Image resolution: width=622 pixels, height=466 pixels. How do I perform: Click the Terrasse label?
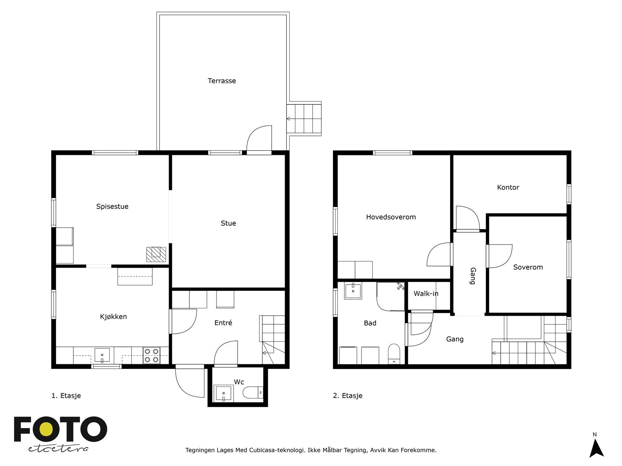(x=222, y=81)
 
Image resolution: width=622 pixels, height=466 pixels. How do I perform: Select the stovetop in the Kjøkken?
(x=151, y=355)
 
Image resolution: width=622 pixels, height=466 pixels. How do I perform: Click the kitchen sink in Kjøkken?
(x=102, y=355)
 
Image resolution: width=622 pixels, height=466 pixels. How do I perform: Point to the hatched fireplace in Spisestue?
(x=156, y=254)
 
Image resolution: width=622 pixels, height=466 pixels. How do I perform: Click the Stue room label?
(x=228, y=223)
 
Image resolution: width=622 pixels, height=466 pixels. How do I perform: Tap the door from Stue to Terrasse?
(x=259, y=140)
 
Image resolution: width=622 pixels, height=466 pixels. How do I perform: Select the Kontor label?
(x=508, y=188)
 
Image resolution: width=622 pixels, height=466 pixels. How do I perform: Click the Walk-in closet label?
(x=426, y=294)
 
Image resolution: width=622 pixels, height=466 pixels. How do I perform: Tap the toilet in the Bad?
(x=394, y=353)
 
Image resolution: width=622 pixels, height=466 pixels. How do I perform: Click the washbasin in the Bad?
(x=353, y=291)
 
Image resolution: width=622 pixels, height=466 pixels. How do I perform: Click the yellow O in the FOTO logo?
(x=48, y=429)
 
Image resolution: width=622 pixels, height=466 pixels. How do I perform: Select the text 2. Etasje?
(x=348, y=396)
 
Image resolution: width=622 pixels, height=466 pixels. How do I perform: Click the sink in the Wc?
(x=224, y=393)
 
